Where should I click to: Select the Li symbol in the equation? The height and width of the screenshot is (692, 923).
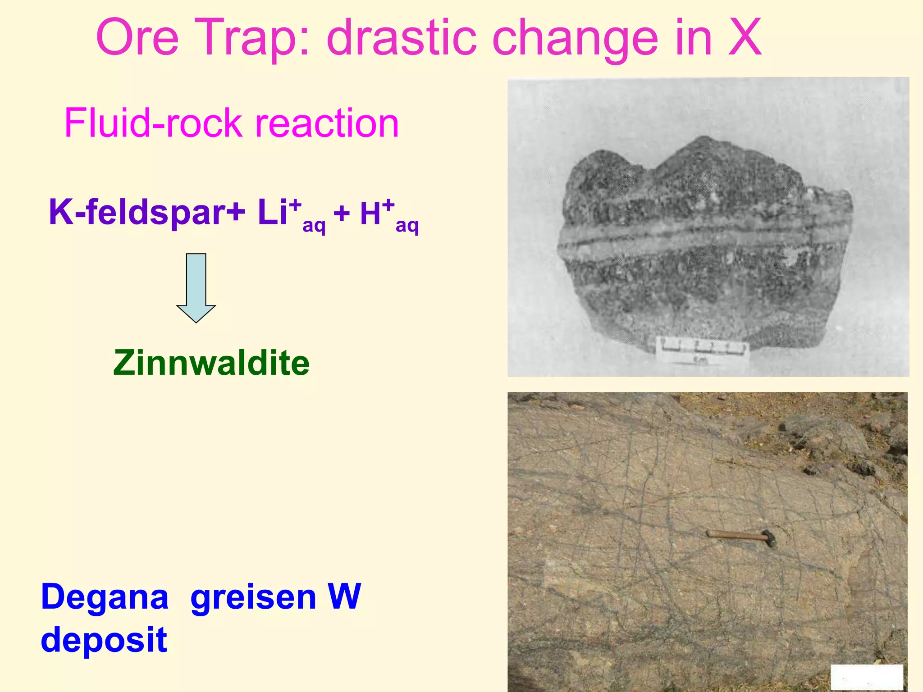tap(273, 212)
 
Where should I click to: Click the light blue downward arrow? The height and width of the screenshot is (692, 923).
tap(196, 288)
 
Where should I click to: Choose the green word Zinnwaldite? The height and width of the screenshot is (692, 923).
tap(211, 363)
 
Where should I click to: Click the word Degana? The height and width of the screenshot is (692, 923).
tap(105, 597)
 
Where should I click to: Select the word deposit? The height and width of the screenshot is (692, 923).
tap(104, 640)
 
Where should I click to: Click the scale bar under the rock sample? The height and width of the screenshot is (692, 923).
tap(701, 350)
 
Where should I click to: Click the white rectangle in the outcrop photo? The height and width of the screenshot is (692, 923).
tap(866, 677)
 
